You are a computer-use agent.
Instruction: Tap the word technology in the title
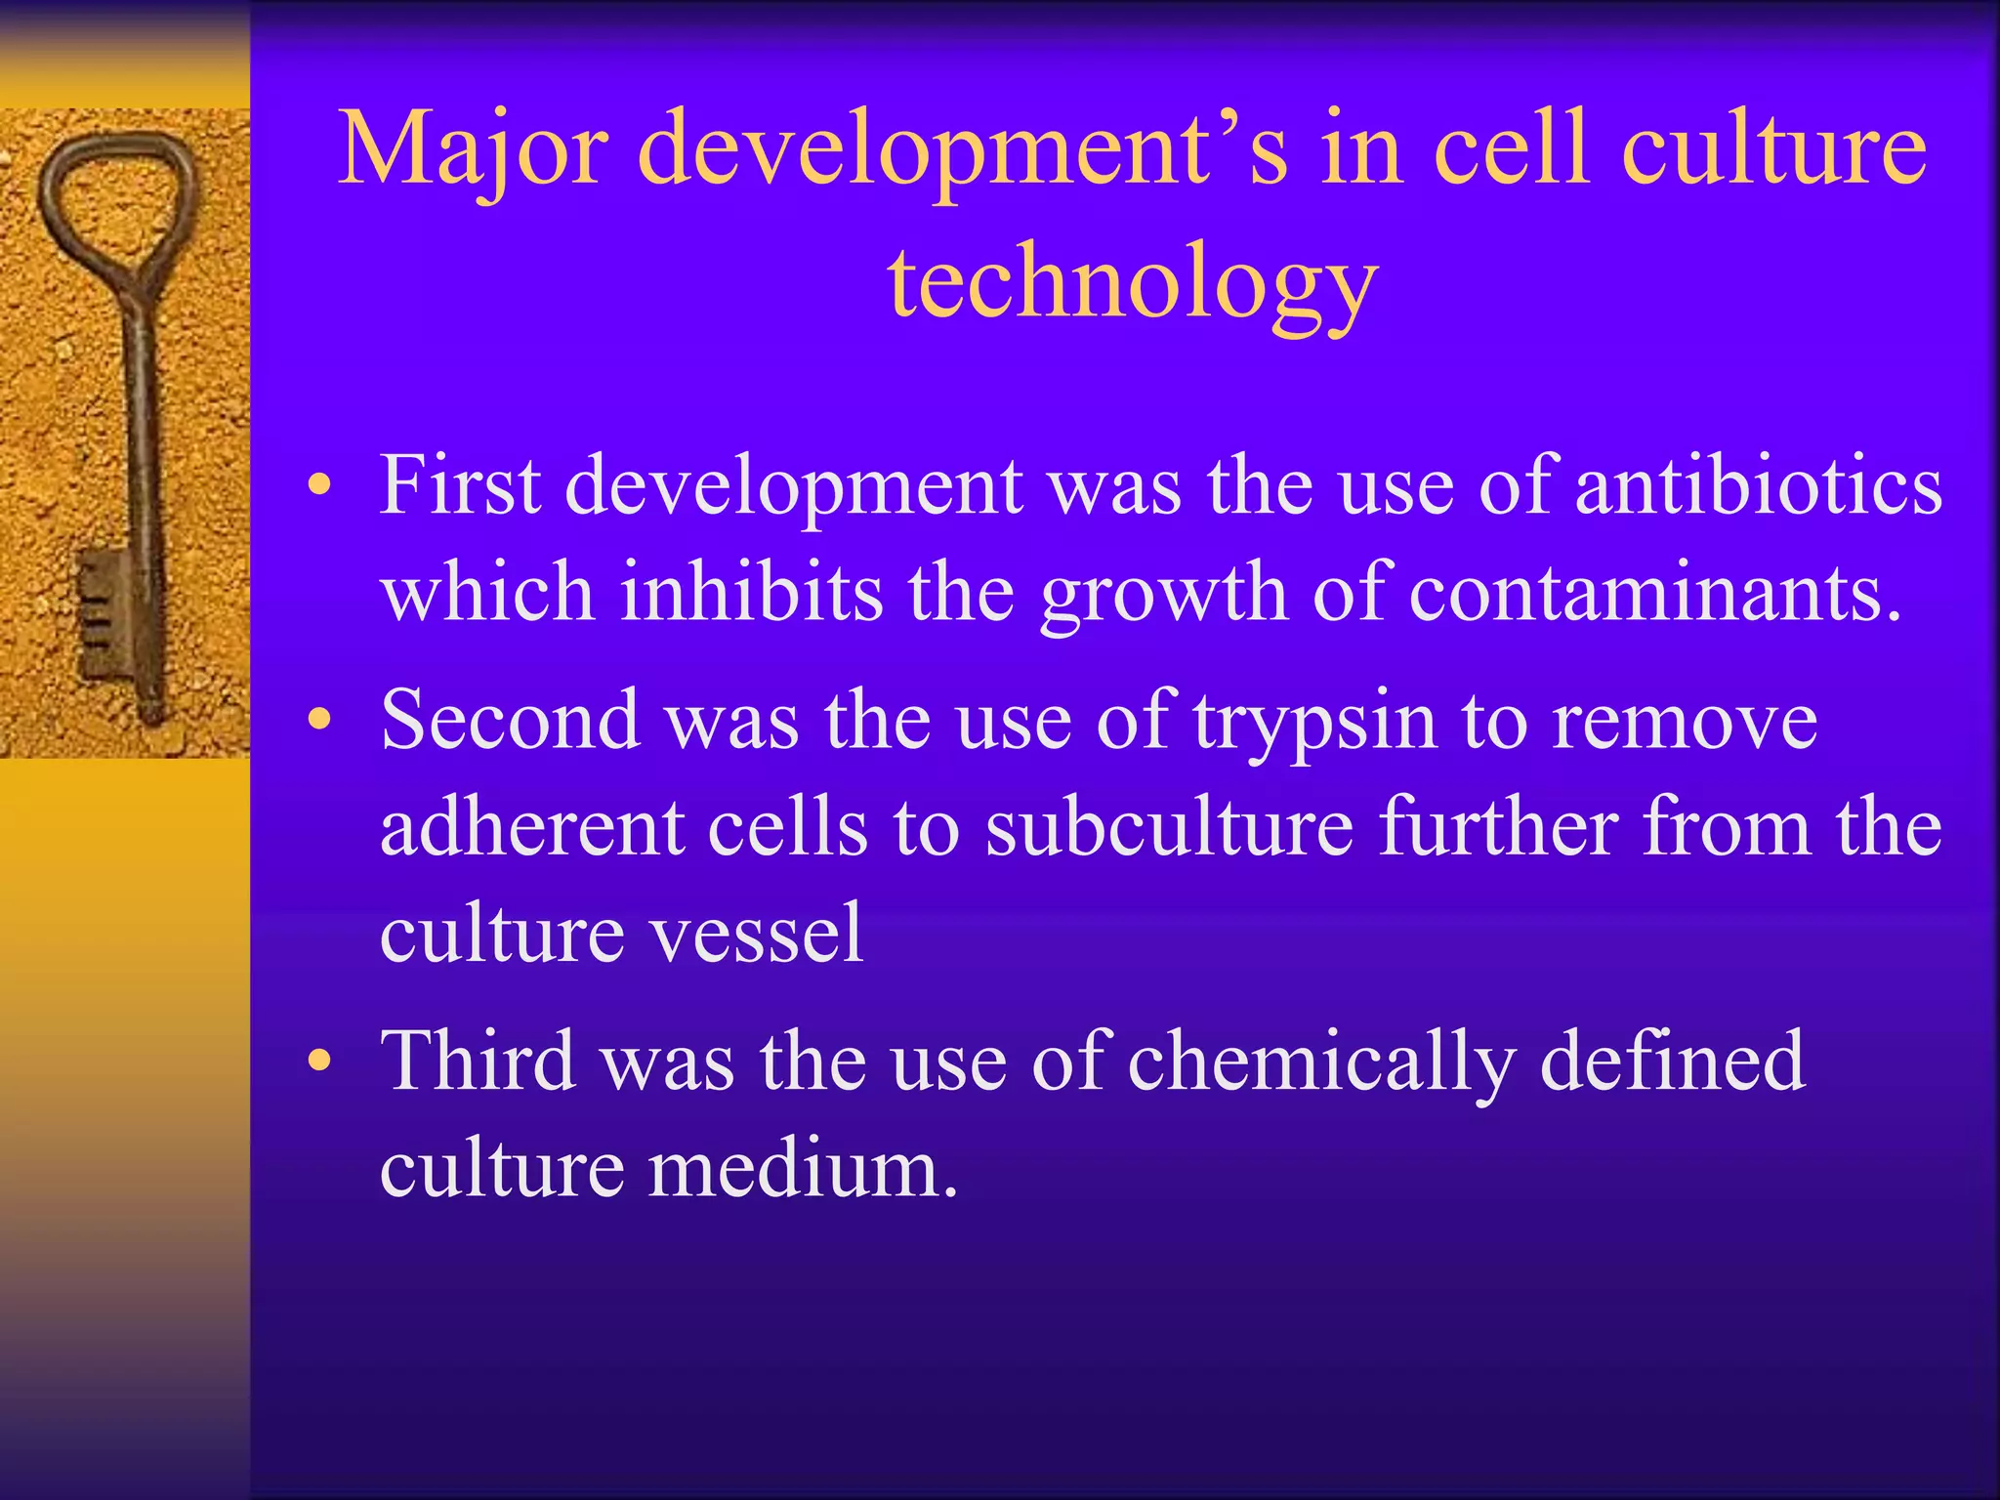point(1132,283)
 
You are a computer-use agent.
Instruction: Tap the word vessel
point(757,934)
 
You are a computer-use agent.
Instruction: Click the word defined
point(1672,1062)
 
